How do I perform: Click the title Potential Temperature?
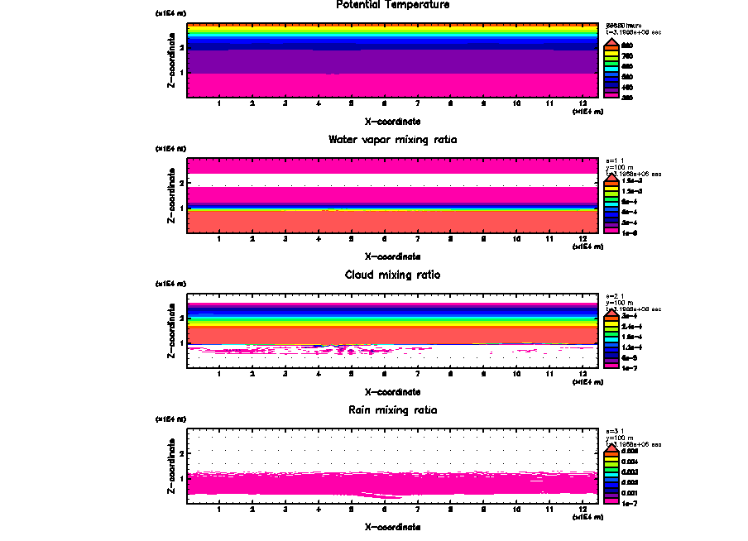tap(393, 5)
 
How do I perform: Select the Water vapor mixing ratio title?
tap(393, 139)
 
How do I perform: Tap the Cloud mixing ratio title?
tap(393, 275)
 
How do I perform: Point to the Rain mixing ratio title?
tap(393, 410)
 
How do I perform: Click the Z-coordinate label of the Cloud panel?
tap(171, 331)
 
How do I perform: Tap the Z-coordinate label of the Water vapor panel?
tap(171, 196)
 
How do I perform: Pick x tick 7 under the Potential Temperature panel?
tap(417, 104)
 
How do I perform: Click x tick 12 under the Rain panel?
tap(583, 510)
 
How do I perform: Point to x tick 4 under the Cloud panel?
tap(319, 375)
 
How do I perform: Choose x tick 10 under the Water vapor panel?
tap(516, 240)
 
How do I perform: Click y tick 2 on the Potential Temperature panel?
tap(181, 47)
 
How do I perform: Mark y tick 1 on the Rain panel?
tap(181, 478)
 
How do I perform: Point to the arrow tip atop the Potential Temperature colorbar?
tap(611, 38)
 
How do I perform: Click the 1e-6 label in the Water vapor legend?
tap(628, 232)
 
